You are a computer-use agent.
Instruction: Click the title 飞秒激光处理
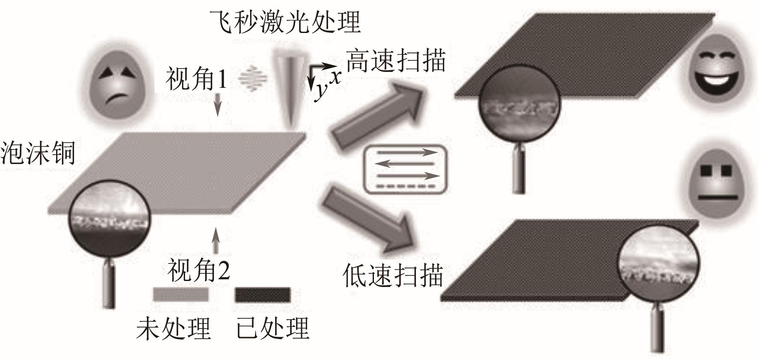[x=284, y=21]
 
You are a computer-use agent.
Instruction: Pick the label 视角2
[x=199, y=270]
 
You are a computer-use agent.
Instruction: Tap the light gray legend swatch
[x=181, y=294]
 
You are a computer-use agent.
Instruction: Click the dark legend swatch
[x=262, y=294]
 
